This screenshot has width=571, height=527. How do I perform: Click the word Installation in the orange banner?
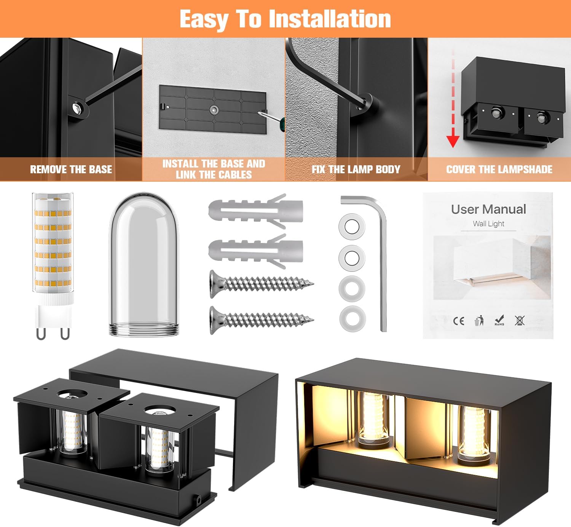point(330,19)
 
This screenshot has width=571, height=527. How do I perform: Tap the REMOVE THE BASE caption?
point(71,169)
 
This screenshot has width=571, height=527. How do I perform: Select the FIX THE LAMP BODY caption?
point(356,169)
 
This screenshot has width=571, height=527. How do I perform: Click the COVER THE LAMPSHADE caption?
point(499,169)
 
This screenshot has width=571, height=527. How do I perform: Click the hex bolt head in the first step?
point(77,108)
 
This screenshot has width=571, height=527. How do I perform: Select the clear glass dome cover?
point(144,264)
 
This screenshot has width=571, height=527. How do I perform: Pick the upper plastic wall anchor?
point(255,211)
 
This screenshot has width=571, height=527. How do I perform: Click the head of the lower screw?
point(215,320)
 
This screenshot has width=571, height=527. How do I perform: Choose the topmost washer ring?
point(352,227)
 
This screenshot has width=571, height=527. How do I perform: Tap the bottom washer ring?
point(352,319)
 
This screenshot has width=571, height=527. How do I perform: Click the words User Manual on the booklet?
point(488,209)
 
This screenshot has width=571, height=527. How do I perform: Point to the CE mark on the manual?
point(459,321)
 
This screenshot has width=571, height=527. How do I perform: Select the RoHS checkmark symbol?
point(499,320)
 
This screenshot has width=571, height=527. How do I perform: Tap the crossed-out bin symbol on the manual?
point(520,320)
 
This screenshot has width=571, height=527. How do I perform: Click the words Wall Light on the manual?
point(488,224)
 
